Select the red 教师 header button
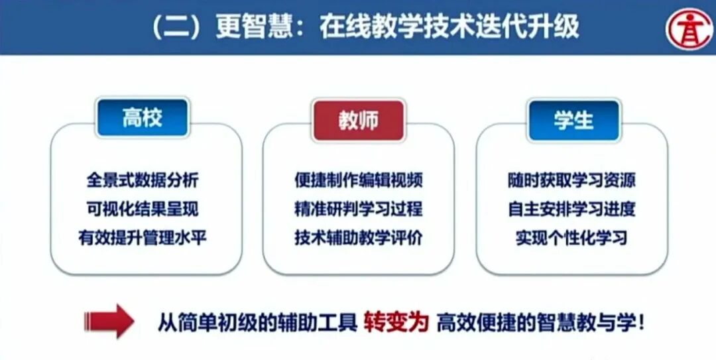[358, 121]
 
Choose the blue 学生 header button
[573, 120]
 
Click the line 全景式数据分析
[142, 180]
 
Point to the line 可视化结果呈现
[142, 209]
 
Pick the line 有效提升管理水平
[142, 237]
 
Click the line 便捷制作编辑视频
[359, 180]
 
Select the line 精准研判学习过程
[359, 209]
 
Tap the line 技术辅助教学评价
[359, 237]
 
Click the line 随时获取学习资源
[571, 180]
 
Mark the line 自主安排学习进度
[571, 209]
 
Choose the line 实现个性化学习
[571, 237]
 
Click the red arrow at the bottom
[109, 322]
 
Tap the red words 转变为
[396, 322]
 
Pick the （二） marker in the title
[178, 27]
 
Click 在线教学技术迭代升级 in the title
[448, 27]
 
